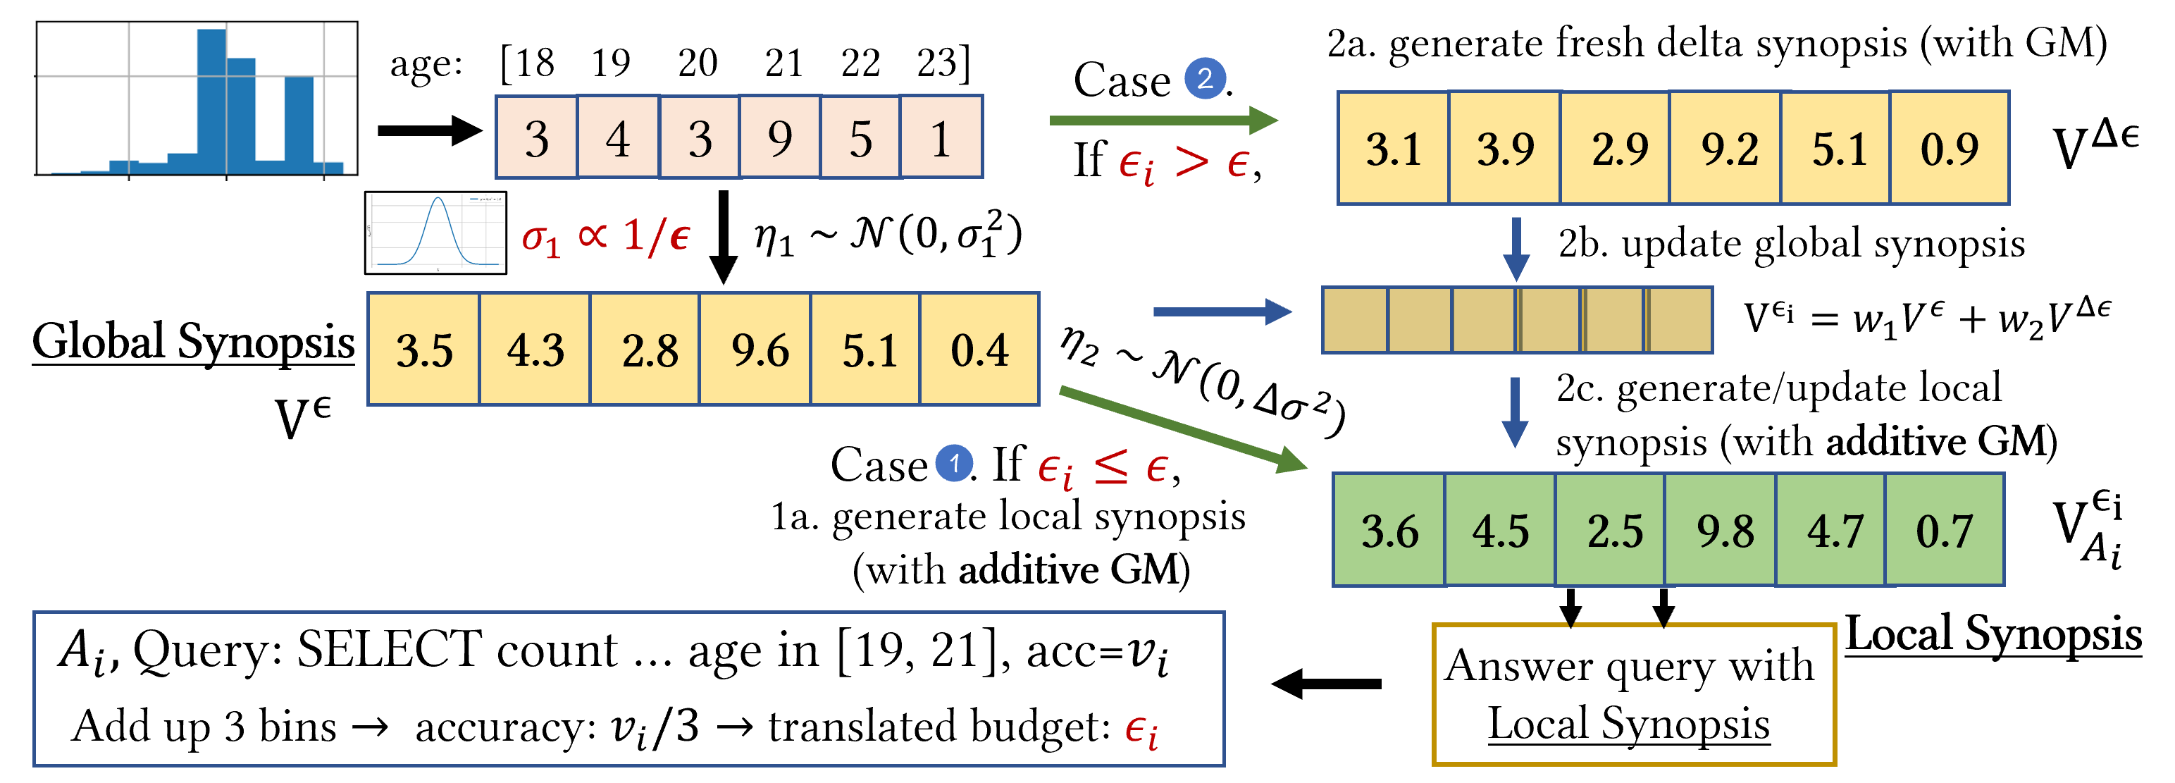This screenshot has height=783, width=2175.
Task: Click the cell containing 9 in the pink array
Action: point(779,137)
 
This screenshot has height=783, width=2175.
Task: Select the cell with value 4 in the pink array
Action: point(618,137)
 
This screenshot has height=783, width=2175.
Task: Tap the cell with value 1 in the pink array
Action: point(941,137)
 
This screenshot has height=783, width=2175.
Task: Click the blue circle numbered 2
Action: point(1205,78)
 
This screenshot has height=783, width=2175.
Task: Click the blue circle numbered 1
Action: point(954,463)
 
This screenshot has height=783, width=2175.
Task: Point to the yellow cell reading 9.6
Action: point(758,349)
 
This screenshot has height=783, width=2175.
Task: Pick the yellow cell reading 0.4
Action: point(979,349)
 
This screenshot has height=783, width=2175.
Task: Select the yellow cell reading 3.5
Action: point(424,349)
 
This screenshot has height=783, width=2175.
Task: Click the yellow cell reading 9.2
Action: point(1728,148)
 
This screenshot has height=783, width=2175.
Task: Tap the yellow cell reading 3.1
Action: point(1393,148)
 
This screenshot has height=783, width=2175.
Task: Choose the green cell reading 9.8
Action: point(1723,529)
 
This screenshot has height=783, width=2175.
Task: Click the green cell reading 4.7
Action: point(1832,529)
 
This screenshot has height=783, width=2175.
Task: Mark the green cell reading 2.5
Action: point(1613,529)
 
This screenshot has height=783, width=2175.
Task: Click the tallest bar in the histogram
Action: point(212,101)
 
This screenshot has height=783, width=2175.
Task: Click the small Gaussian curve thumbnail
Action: point(435,233)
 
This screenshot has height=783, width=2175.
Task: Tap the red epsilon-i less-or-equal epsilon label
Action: point(1103,468)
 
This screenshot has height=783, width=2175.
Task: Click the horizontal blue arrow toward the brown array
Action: point(1221,312)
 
